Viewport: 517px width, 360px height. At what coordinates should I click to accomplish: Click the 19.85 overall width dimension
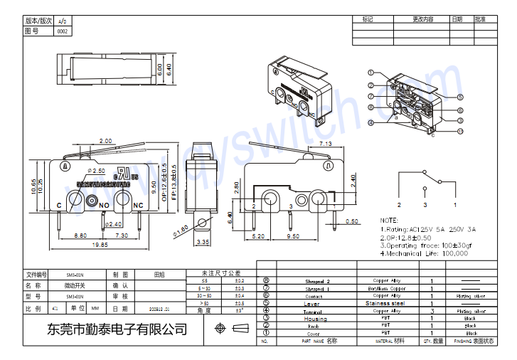(100, 244)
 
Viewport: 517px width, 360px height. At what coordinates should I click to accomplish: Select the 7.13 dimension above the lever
(326, 144)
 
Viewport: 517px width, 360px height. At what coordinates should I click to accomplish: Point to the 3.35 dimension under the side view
(201, 243)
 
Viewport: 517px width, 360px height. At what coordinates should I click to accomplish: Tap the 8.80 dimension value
(80, 235)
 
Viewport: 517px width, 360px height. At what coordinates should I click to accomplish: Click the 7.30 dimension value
(121, 235)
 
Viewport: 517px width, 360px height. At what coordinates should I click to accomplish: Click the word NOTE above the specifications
(389, 221)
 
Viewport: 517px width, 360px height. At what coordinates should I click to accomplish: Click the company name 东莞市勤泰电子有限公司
(116, 329)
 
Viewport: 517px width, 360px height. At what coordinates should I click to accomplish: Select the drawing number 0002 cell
(63, 31)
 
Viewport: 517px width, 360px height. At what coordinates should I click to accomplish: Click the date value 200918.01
(159, 309)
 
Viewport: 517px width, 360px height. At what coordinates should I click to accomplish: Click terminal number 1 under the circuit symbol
(455, 204)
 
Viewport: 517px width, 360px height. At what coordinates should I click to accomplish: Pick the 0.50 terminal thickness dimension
(352, 221)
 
